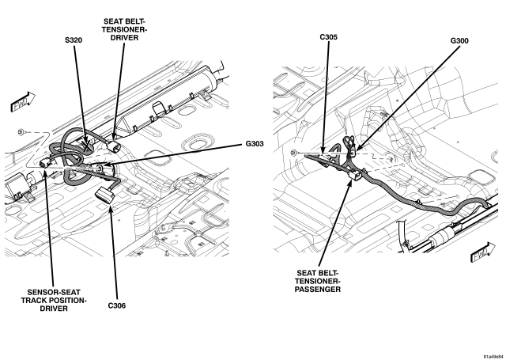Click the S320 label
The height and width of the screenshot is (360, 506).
pos(74,40)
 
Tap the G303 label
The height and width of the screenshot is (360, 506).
pos(255,144)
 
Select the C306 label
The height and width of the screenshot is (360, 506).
pos(117,305)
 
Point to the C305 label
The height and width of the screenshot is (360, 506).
pos(329,37)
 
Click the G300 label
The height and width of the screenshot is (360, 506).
pos(459,40)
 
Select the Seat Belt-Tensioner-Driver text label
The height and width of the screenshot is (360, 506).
pos(124,30)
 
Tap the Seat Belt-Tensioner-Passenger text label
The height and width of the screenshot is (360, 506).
pos(318,281)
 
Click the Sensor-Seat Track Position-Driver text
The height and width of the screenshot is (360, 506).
pos(54,301)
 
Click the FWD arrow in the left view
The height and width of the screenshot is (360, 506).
pos(23,102)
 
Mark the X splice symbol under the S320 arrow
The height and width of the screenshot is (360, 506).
pos(86,146)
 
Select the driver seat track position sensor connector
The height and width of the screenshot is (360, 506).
pos(45,164)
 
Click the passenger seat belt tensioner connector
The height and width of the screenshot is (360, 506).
pos(355,176)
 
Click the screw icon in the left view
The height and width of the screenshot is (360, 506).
pos(21,132)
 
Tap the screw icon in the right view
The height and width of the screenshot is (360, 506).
pos(293,153)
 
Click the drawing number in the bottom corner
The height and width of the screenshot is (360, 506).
pos(493,357)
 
